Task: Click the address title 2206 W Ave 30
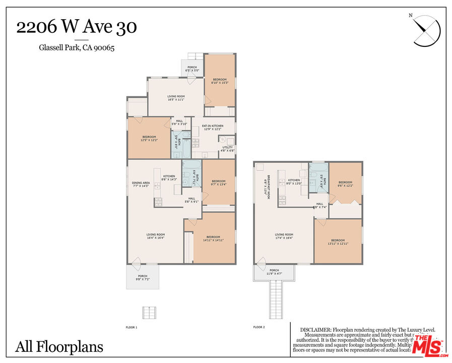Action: (76, 27)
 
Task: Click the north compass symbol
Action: (426, 31)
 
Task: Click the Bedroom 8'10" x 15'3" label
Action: (220, 81)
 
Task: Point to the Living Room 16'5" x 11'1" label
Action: (176, 97)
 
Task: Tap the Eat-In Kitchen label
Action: (213, 127)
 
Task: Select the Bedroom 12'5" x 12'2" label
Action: (149, 138)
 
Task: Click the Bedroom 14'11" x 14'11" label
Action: (213, 238)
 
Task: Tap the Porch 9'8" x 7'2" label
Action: (143, 277)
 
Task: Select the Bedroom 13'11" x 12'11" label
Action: (338, 241)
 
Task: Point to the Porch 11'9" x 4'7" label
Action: (274, 272)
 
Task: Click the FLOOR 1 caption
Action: (132, 327)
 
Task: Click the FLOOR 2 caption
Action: (259, 327)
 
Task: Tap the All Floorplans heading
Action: (59, 347)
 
